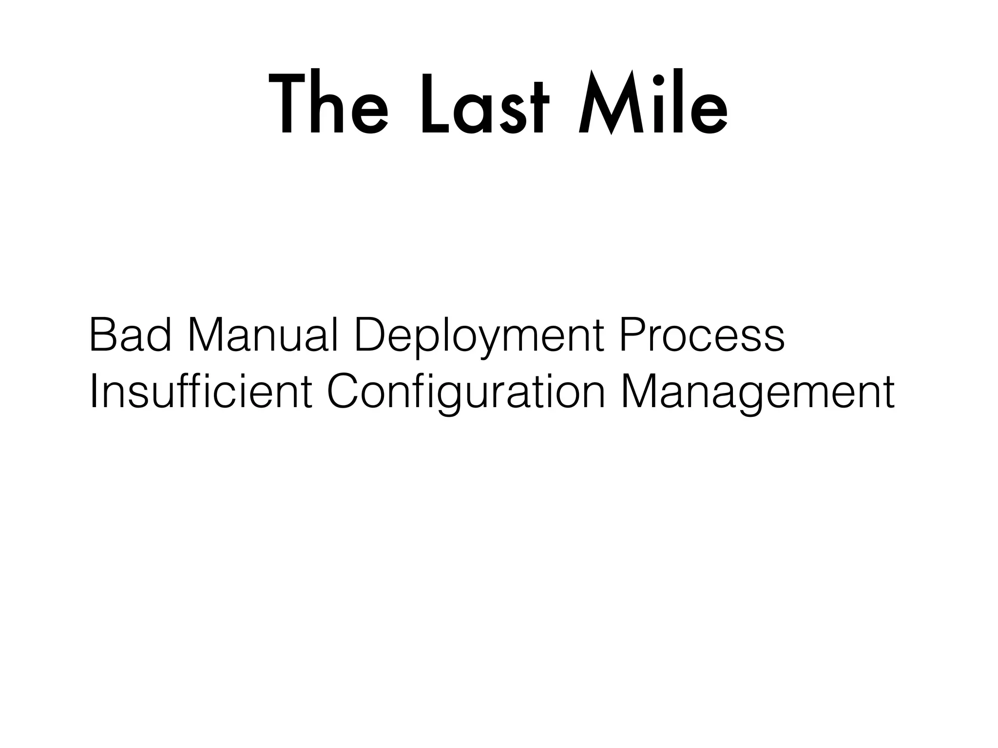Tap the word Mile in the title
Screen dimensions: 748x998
point(653,103)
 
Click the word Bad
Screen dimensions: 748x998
point(130,336)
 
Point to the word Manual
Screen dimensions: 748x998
point(263,336)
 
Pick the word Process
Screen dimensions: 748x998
point(702,336)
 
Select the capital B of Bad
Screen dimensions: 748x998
point(102,336)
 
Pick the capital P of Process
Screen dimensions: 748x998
point(633,336)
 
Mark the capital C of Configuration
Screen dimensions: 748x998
point(344,391)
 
